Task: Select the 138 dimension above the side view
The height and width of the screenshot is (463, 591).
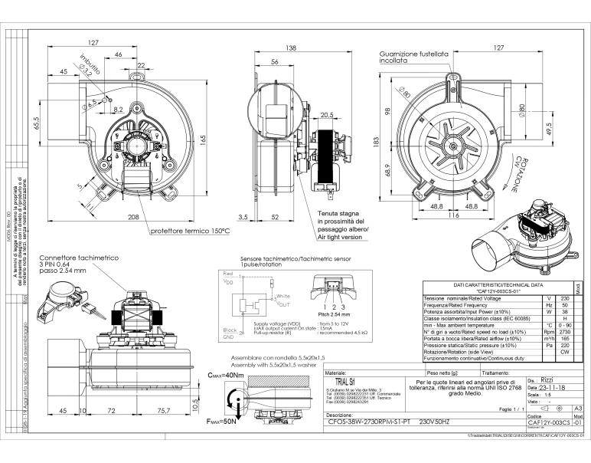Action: coord(291,48)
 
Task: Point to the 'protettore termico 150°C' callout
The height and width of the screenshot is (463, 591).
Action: coord(189,230)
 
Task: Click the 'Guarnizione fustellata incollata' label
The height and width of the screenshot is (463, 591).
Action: coord(413,58)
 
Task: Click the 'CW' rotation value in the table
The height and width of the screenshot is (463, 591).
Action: coord(564,352)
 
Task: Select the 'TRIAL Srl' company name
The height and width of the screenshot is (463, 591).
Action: coord(331,382)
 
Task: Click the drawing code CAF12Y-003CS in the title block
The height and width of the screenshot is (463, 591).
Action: coord(548,422)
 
